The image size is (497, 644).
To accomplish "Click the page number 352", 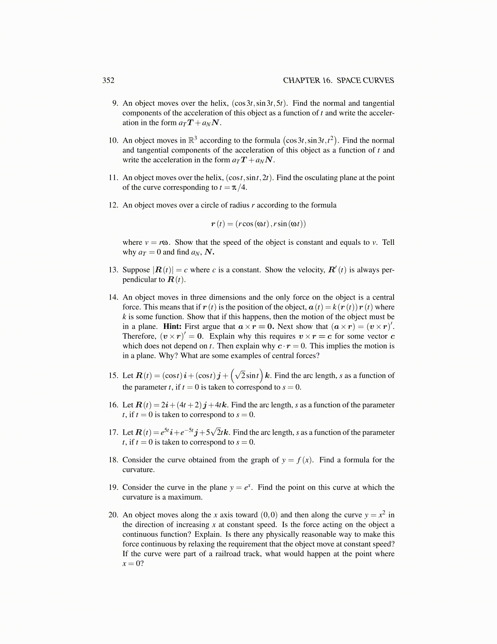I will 108,80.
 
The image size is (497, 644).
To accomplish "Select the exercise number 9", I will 115,103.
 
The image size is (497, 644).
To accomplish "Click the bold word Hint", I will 172,326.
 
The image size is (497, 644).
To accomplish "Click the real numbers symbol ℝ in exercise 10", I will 191,141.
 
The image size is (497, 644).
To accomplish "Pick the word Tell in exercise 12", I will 388,242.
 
